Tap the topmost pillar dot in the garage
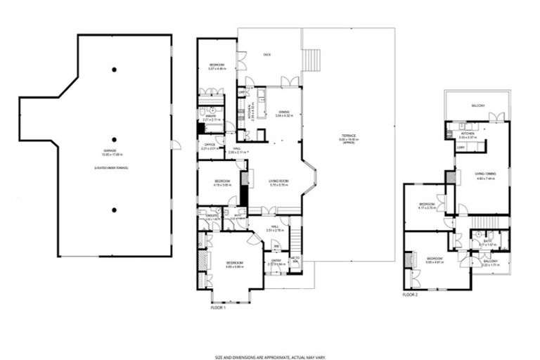coord(114,70)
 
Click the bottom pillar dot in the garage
coord(114,209)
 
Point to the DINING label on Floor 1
coord(283,112)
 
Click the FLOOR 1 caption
coord(219,307)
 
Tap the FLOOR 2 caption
coord(410,295)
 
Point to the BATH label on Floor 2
coord(487,241)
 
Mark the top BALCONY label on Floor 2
coord(478,106)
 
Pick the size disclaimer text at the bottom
coord(270,338)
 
